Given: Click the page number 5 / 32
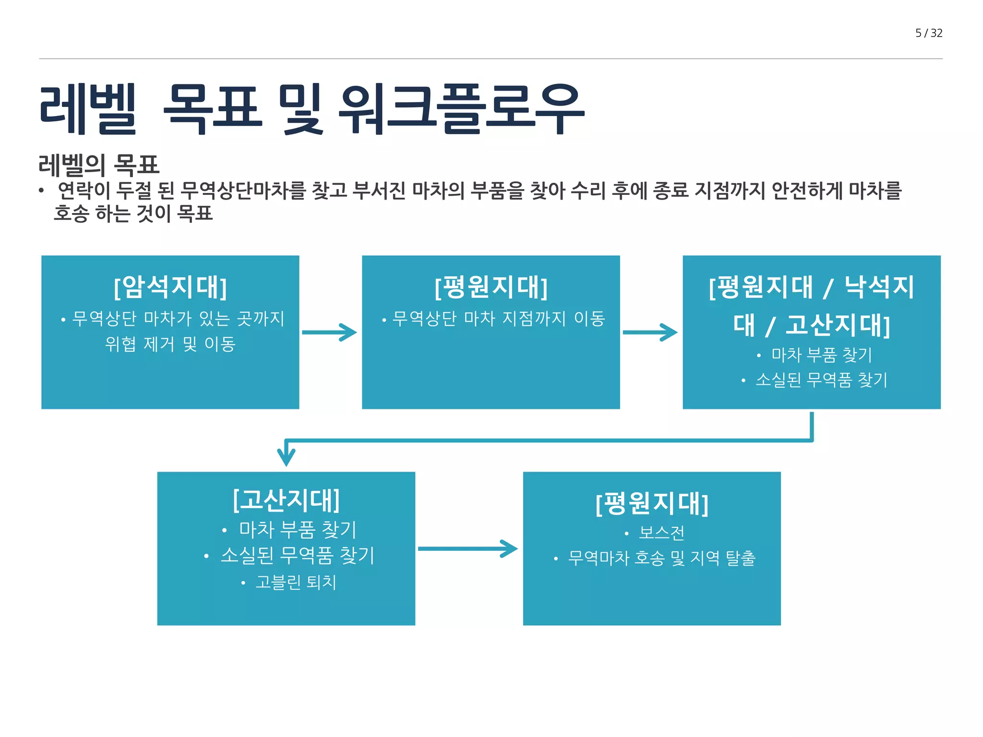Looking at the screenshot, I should pos(929,33).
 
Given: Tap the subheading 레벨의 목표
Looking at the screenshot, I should pos(99,165).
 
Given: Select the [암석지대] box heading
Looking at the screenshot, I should pos(170,287).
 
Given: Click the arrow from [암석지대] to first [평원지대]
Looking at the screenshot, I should pos(330,332).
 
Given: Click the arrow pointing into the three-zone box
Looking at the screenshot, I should pos(650,332).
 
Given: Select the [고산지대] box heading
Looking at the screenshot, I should pos(286,500).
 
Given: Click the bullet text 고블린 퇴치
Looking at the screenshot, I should pos(296,582).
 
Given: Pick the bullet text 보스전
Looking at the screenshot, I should pos(661,533).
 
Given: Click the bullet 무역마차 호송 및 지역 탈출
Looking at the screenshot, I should pos(661,558).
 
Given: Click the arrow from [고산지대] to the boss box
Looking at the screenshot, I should pos(468,549).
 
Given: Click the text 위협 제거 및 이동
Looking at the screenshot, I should pos(170,344).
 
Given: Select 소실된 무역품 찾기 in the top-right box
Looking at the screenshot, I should pos(821,380).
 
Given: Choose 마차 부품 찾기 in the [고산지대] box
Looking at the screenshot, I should pos(298,530).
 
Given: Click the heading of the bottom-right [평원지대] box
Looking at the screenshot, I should pos(652,504).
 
